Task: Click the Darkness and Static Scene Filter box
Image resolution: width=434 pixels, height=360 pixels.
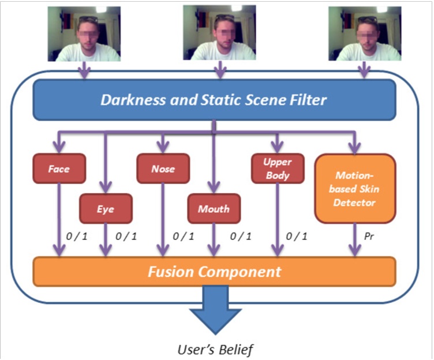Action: pos(214,100)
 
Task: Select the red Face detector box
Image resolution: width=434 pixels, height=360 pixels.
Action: pos(59,168)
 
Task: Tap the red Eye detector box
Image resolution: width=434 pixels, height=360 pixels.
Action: pos(106,208)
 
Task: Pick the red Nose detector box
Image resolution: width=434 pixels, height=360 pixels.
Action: pos(163,168)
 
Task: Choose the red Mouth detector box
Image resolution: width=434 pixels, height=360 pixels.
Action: pos(214,208)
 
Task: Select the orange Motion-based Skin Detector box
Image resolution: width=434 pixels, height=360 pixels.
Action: pos(354,188)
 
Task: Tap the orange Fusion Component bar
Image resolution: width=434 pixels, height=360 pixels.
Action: pos(214,271)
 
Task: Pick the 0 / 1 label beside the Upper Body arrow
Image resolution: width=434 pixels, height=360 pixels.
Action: pos(296,237)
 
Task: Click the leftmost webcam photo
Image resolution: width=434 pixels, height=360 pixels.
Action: pos(84,34)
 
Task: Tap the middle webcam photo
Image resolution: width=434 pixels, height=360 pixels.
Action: pos(219,33)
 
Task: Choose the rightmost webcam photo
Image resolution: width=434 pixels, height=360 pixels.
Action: pos(364,34)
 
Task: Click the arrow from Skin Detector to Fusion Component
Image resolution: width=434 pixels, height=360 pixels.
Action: pos(354,239)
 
